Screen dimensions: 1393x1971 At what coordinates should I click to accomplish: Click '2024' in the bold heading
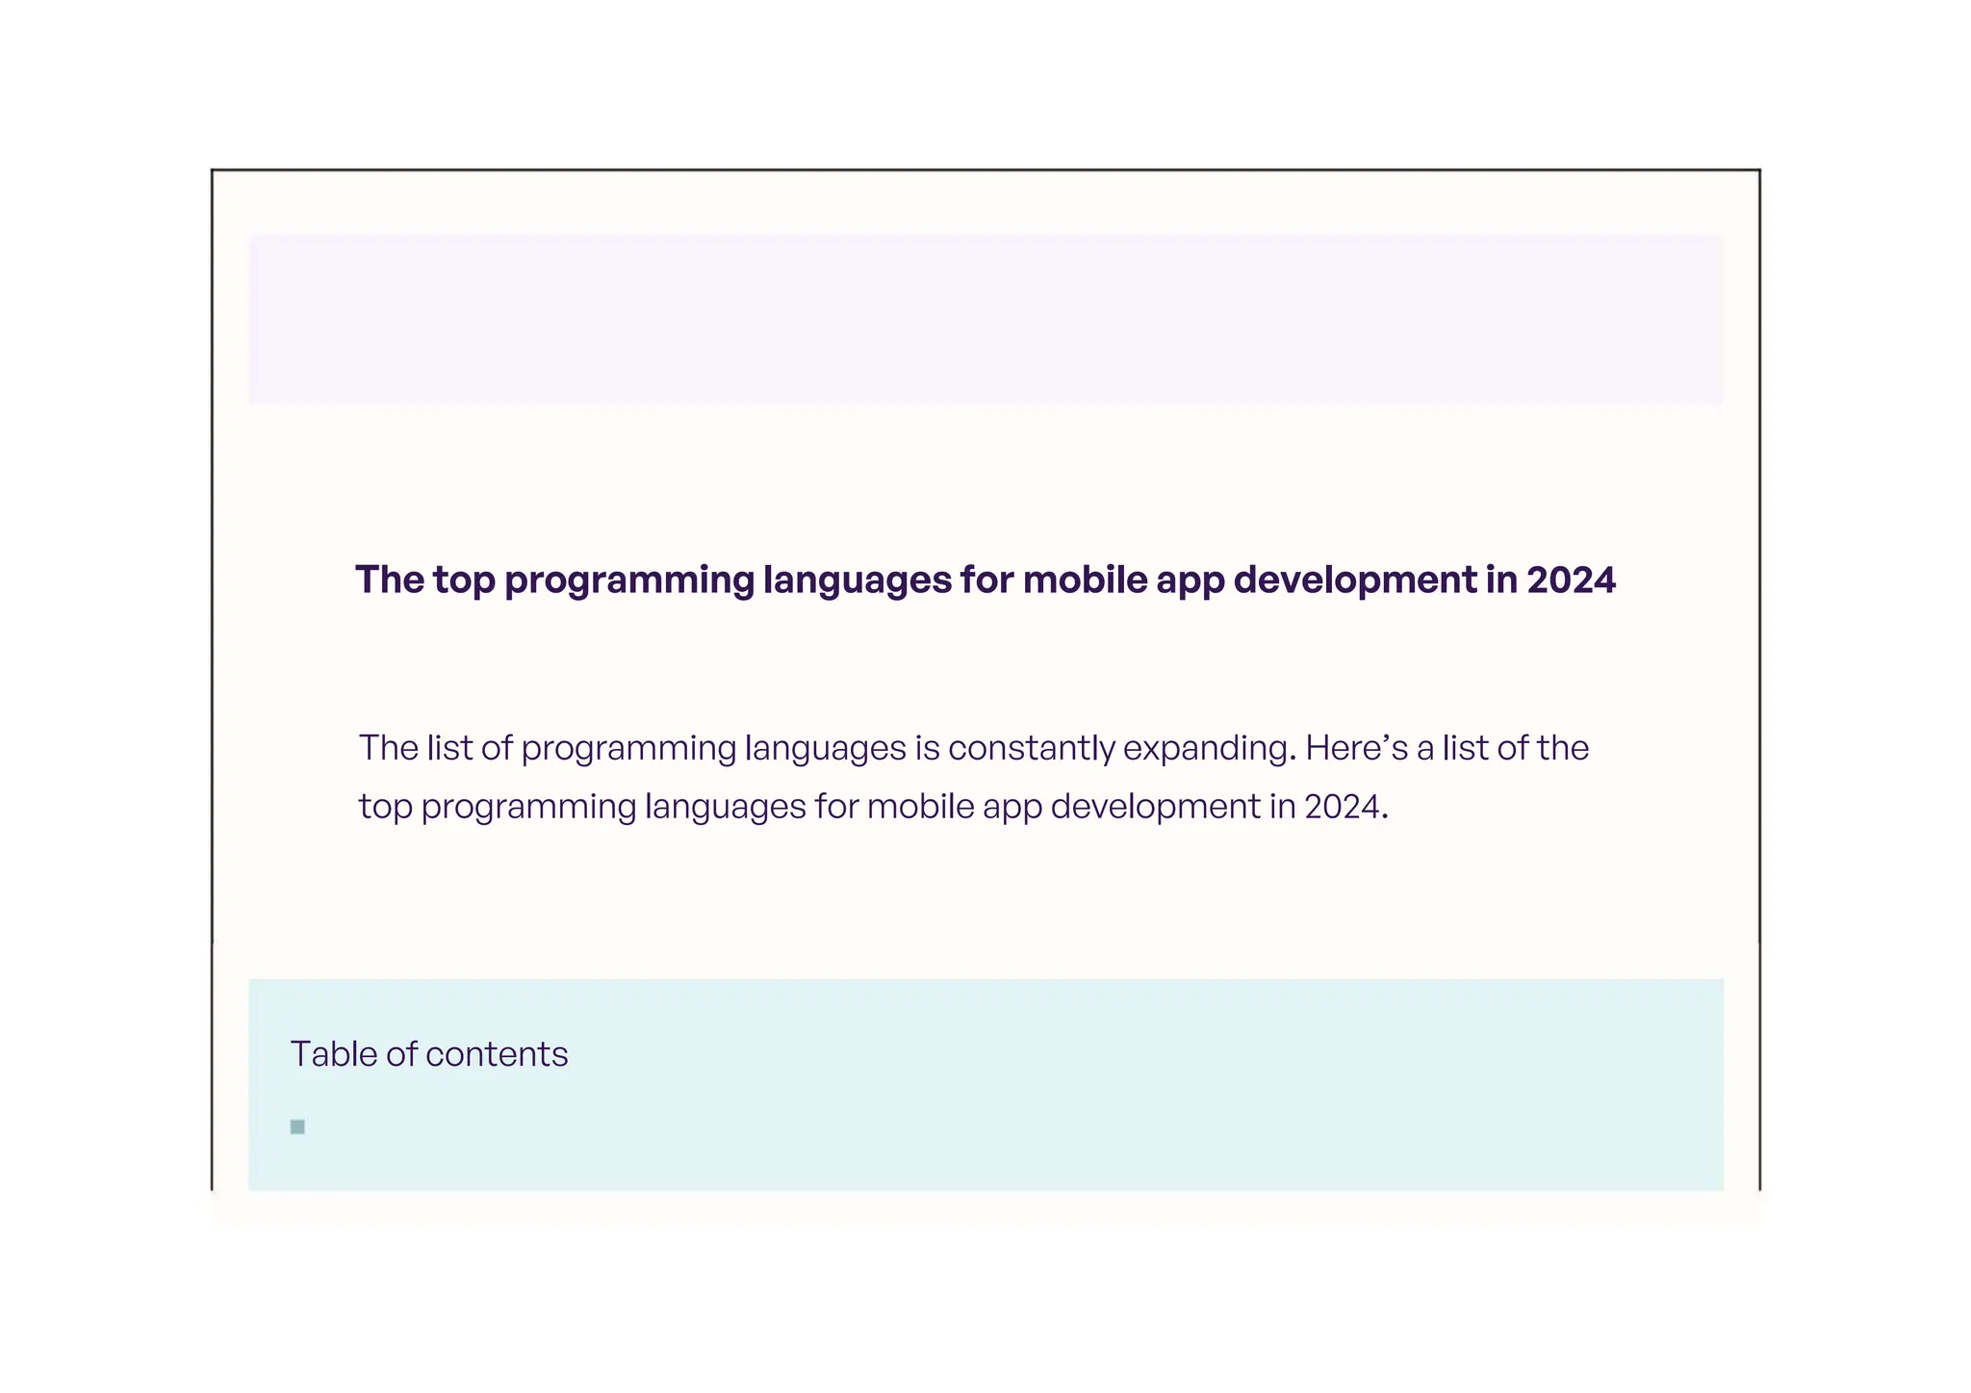pos(1571,580)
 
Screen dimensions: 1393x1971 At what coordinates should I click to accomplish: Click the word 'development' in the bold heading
pos(1355,580)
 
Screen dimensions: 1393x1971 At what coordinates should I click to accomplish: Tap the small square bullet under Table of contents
pos(297,1127)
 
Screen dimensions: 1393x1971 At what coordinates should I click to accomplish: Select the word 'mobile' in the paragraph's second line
pos(920,807)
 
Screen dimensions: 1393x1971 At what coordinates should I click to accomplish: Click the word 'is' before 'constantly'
pos(927,749)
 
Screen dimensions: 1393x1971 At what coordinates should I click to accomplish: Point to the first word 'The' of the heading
pos(389,580)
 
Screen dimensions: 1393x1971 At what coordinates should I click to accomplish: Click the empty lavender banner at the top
pos(985,320)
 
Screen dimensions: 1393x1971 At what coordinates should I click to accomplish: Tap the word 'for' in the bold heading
pos(986,580)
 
